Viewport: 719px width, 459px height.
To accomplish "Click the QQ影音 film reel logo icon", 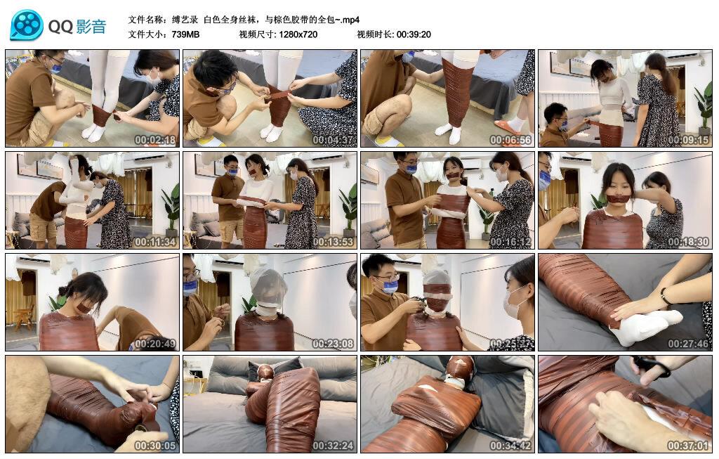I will (27, 25).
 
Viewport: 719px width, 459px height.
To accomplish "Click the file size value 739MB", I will (185, 34).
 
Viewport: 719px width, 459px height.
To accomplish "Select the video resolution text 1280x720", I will (298, 34).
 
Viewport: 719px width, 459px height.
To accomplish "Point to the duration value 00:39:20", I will (414, 34).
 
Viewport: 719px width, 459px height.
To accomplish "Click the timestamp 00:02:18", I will (155, 140).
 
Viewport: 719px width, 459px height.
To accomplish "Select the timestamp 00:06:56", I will (510, 140).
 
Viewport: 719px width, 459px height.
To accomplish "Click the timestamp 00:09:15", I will (688, 140).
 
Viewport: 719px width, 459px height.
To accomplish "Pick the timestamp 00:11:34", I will (155, 242).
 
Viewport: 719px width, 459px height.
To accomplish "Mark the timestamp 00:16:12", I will (510, 242).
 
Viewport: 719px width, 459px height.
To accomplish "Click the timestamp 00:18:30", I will (688, 242).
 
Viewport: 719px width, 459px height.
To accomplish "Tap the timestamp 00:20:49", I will (155, 344).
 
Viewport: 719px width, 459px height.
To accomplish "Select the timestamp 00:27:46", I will (688, 344).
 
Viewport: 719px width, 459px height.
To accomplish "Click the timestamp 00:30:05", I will (155, 446).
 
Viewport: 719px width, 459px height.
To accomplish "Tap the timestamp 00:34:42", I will (510, 446).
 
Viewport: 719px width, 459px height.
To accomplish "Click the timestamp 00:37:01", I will (688, 446).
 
